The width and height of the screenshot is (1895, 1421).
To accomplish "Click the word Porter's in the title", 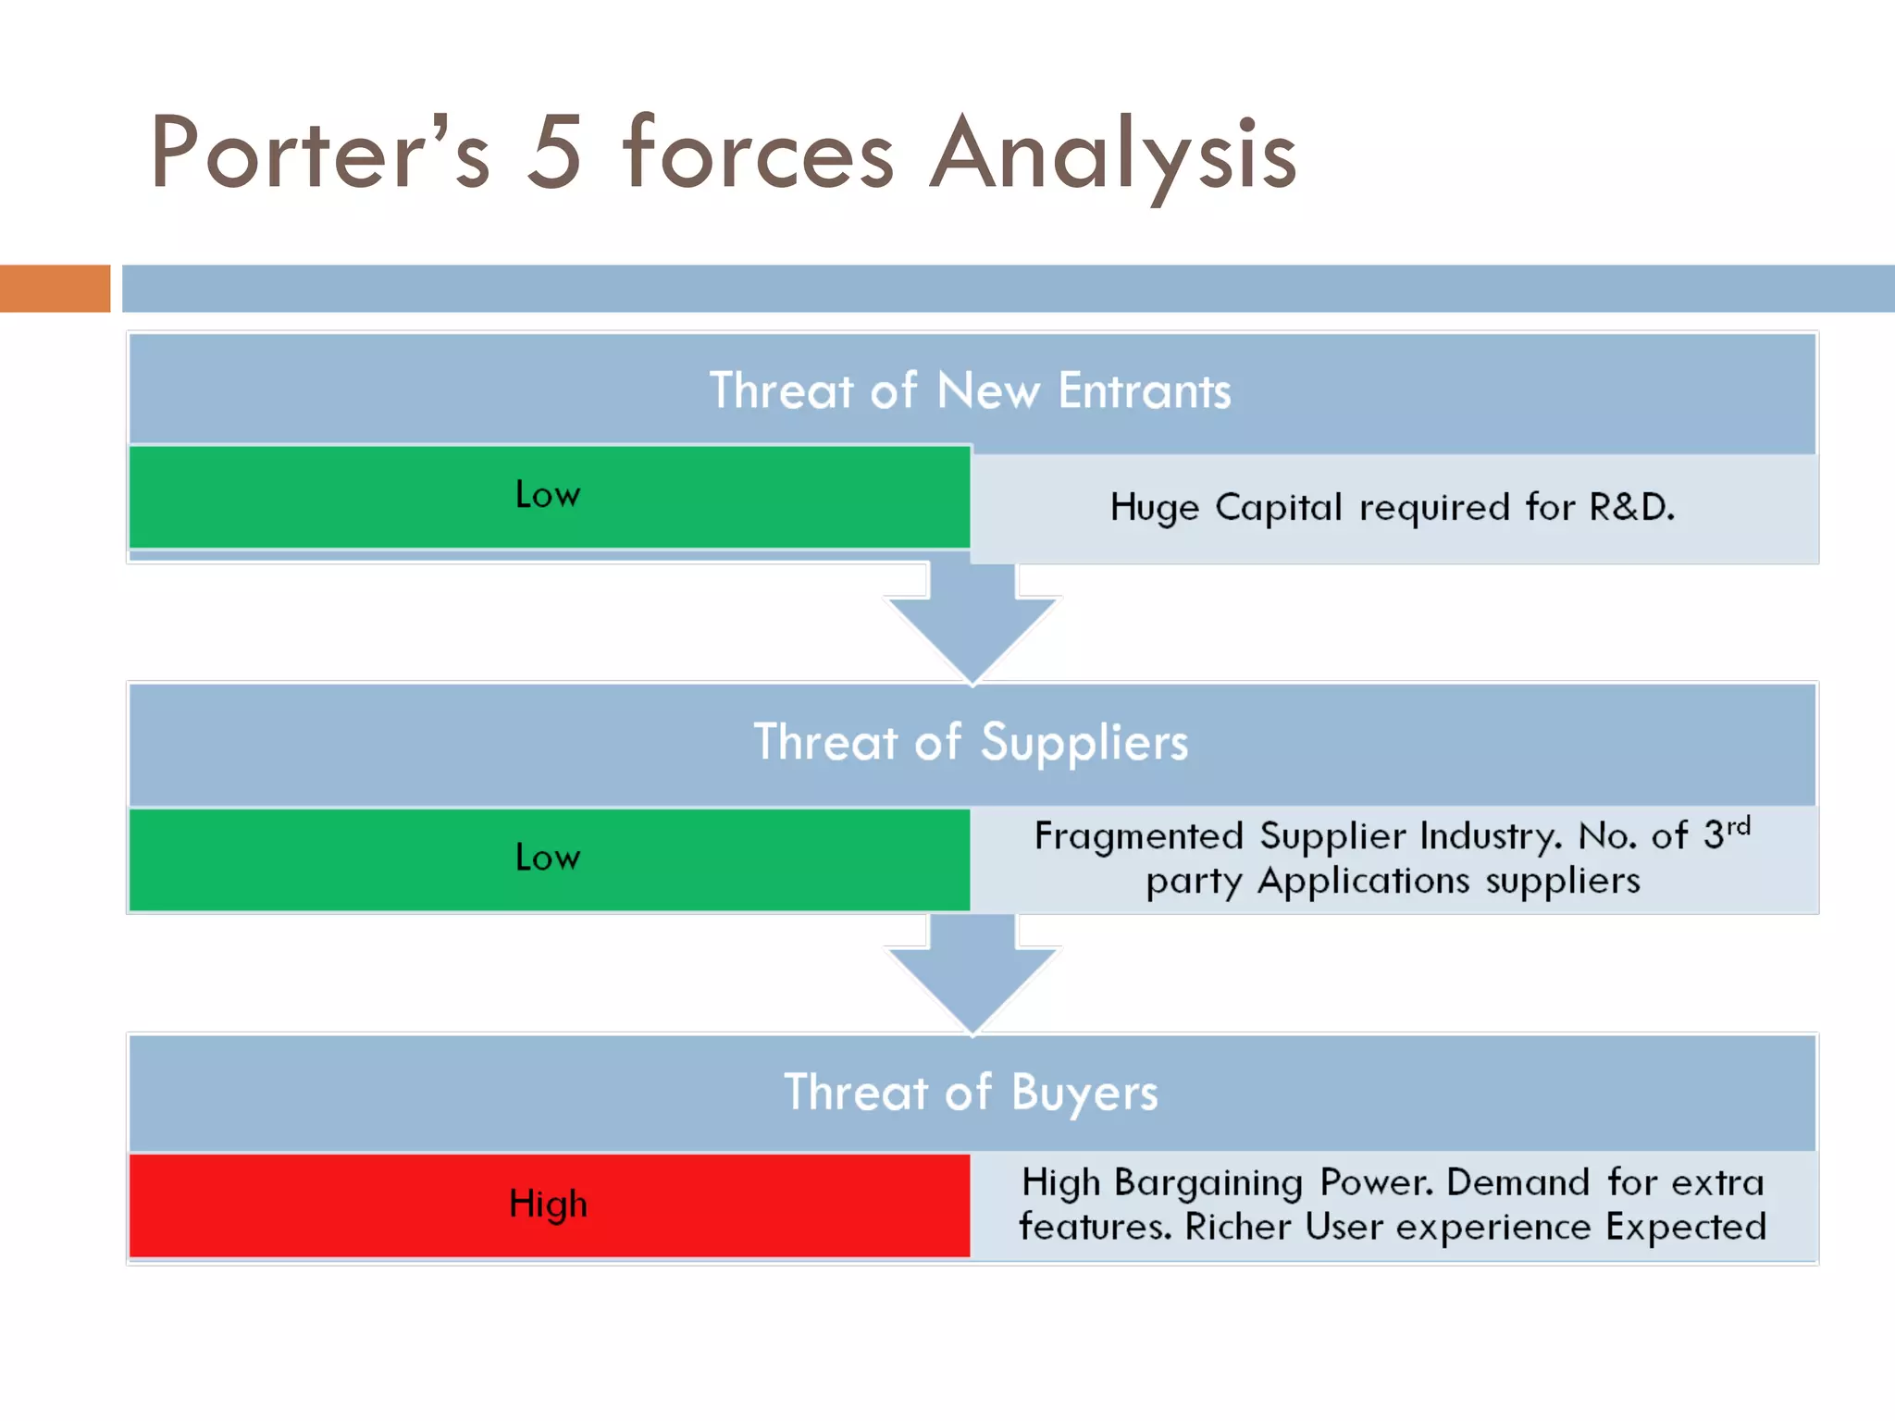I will [320, 153].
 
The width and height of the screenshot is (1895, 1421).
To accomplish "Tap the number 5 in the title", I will [553, 153].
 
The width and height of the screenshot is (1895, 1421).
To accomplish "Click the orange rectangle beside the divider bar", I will [55, 289].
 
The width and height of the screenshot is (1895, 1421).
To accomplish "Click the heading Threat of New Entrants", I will [970, 390].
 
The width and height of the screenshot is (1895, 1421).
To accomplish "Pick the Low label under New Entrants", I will [548, 496].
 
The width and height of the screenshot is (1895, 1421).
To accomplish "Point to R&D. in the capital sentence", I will [1631, 507].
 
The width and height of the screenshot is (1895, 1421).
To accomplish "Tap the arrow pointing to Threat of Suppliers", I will [972, 624].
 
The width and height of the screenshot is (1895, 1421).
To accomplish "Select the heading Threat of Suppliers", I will [970, 742].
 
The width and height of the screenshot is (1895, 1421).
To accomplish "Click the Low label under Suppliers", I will [548, 859].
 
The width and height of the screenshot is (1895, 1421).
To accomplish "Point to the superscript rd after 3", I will [1739, 825].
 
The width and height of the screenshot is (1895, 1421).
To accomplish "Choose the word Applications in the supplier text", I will [1363, 881].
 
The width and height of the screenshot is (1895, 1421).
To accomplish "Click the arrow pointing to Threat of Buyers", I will [972, 976].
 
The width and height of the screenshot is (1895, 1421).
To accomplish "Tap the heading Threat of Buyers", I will [970, 1093].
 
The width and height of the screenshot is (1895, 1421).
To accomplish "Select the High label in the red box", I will [548, 1205].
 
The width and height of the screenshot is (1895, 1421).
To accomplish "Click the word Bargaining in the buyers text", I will [1208, 1183].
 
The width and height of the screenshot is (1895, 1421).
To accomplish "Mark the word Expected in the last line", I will [1686, 1227].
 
